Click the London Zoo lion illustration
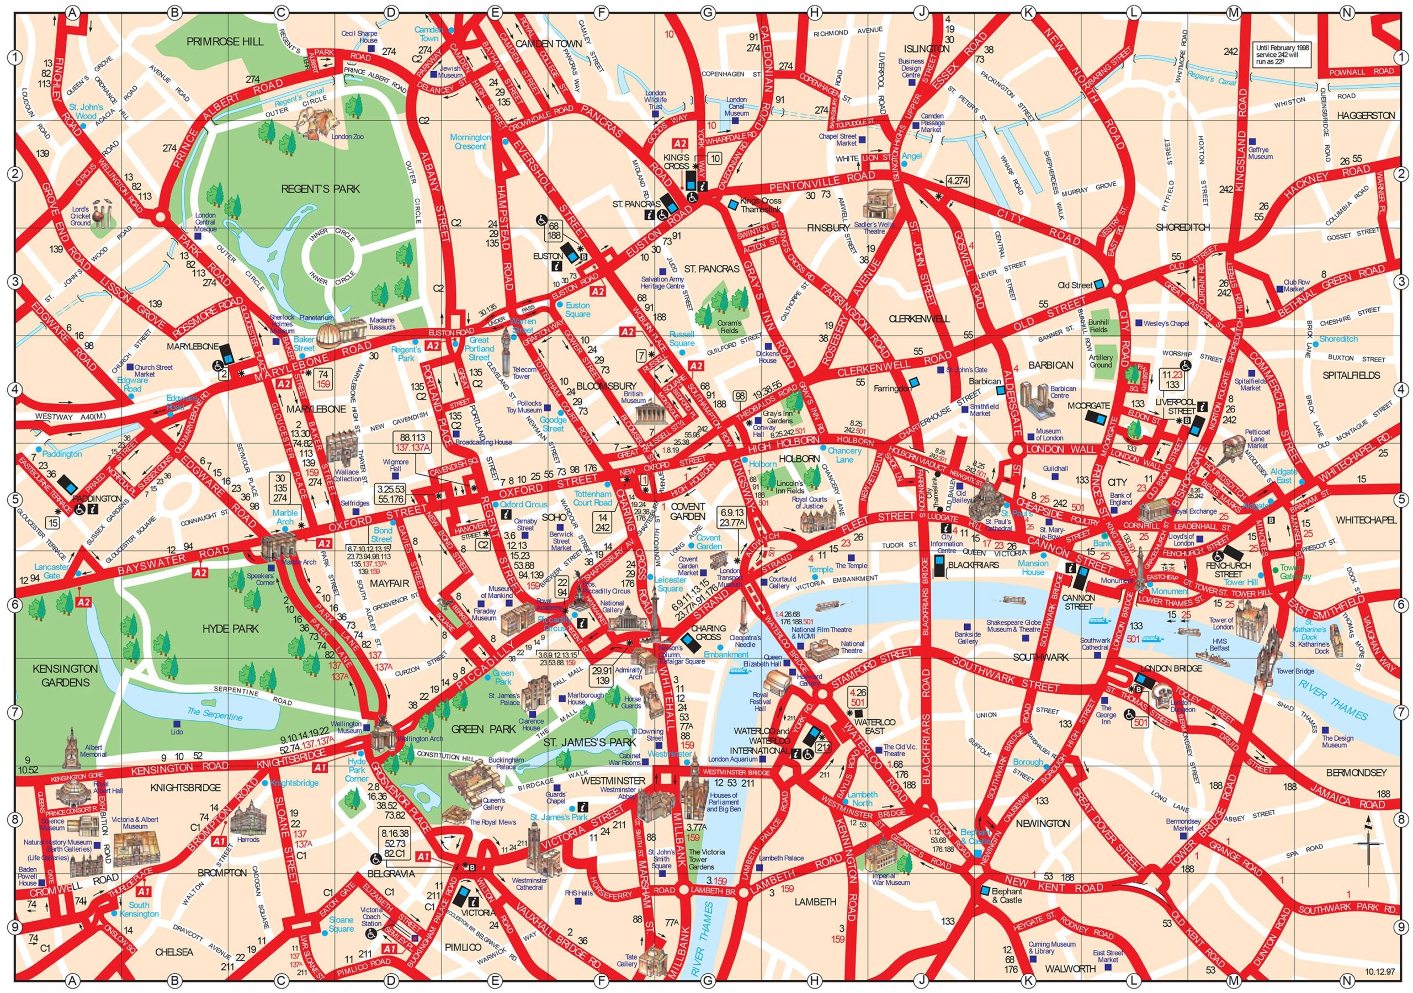pos(316,122)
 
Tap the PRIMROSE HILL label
pos(225,41)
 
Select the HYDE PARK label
pos(231,629)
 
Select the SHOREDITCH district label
pos(1182,227)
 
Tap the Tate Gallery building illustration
pos(652,971)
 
